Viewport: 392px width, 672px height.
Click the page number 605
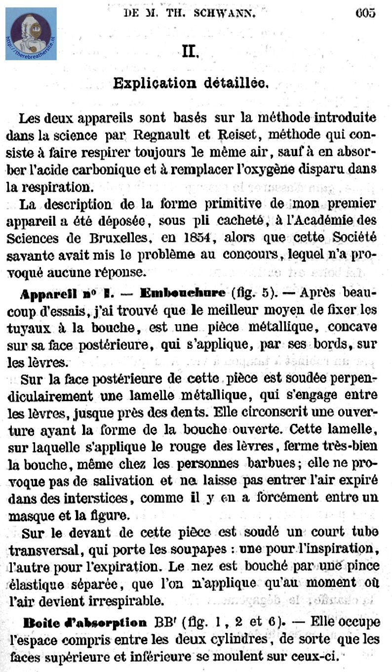click(x=365, y=13)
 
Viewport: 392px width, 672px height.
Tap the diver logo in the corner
click(x=31, y=34)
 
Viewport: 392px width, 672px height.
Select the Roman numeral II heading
click(x=190, y=51)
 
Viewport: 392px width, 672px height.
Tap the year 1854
click(x=196, y=237)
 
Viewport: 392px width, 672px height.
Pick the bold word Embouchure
click(x=183, y=293)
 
